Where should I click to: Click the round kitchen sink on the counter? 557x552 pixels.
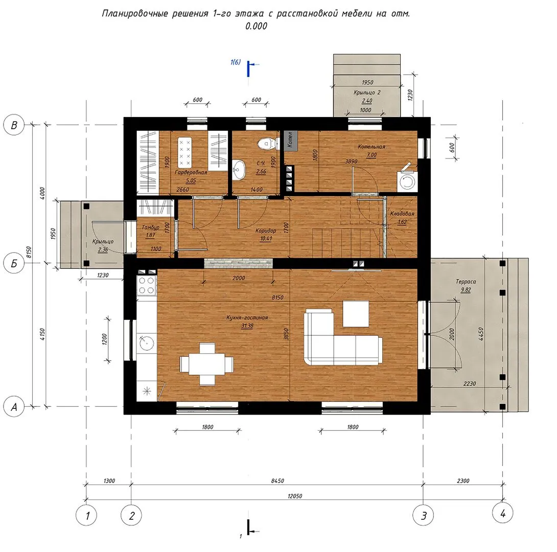point(146,342)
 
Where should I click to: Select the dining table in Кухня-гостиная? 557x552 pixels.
point(207,364)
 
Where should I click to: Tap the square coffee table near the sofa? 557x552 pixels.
point(356,314)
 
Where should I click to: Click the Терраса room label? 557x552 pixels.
point(466,281)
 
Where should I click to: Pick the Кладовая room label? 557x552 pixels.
point(402,214)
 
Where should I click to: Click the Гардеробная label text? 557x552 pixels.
point(191,172)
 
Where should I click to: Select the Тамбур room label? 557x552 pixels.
point(151,227)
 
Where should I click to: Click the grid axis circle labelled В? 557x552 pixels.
point(14,125)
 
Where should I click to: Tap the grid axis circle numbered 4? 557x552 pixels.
point(503,513)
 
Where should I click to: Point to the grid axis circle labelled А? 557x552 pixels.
point(14,406)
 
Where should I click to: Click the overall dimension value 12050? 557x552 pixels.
point(295,496)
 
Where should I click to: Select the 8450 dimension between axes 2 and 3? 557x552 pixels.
point(277,480)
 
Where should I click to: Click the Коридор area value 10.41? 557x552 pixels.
point(266,239)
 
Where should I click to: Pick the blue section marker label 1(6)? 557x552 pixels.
point(236,62)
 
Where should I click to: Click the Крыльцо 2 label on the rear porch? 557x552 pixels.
point(367,93)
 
